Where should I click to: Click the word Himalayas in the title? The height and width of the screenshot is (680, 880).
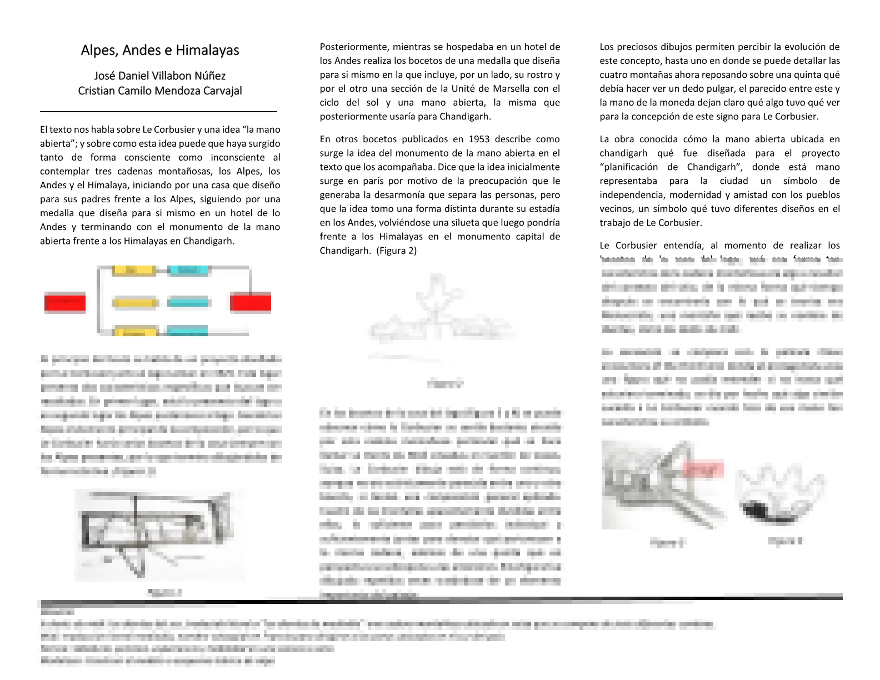point(207,51)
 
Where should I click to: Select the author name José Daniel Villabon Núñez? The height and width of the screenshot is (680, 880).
point(160,76)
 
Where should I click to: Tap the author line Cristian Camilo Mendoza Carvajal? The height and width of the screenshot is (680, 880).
point(160,91)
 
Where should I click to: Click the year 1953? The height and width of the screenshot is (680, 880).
point(479,139)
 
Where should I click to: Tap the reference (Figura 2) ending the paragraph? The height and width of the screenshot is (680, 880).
point(396,251)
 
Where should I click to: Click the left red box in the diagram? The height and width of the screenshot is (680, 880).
point(65,303)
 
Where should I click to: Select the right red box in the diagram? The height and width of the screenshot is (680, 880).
point(251,303)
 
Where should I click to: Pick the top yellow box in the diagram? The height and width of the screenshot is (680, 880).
point(133,271)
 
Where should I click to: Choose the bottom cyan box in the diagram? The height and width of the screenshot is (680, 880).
point(188,332)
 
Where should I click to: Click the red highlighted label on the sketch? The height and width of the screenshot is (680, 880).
point(703,469)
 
